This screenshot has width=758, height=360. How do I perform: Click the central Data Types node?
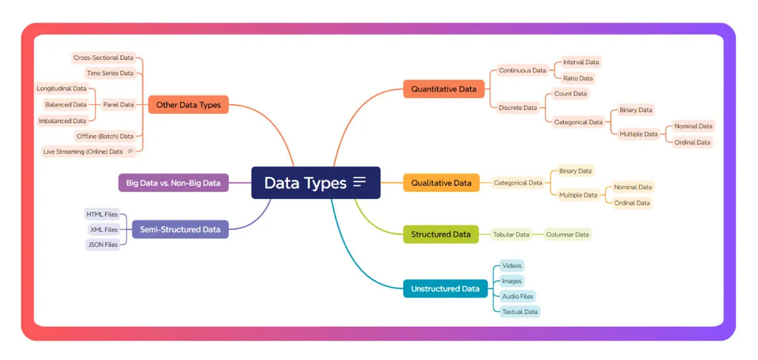[x=306, y=183]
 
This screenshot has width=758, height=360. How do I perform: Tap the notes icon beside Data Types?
[x=359, y=183]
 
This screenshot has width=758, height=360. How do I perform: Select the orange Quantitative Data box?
[x=443, y=89]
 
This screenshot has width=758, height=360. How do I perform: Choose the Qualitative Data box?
[x=441, y=183]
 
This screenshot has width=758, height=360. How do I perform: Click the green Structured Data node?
[x=440, y=235]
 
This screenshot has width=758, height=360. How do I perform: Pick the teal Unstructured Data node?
[x=445, y=289]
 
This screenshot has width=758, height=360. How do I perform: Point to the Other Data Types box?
[x=188, y=105]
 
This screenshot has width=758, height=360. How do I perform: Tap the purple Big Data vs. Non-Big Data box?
[x=173, y=183]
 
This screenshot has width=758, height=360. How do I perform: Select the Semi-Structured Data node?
[x=179, y=229]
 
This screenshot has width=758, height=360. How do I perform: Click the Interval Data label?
[x=581, y=62]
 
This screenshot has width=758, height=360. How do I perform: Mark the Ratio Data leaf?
[x=577, y=79]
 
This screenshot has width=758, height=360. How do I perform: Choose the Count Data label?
[x=570, y=94]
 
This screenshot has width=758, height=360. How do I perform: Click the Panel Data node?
[x=118, y=105]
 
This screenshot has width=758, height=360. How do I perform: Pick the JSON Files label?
[x=103, y=245]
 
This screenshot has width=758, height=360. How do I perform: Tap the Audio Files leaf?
[x=517, y=297]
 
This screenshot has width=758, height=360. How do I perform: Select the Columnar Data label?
[x=567, y=235]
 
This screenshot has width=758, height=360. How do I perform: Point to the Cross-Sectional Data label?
[x=103, y=58]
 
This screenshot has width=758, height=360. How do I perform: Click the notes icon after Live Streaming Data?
[x=131, y=152]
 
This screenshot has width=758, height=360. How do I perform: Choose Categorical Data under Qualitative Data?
[x=517, y=183]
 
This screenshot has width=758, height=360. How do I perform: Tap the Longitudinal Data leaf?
[x=62, y=89]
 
